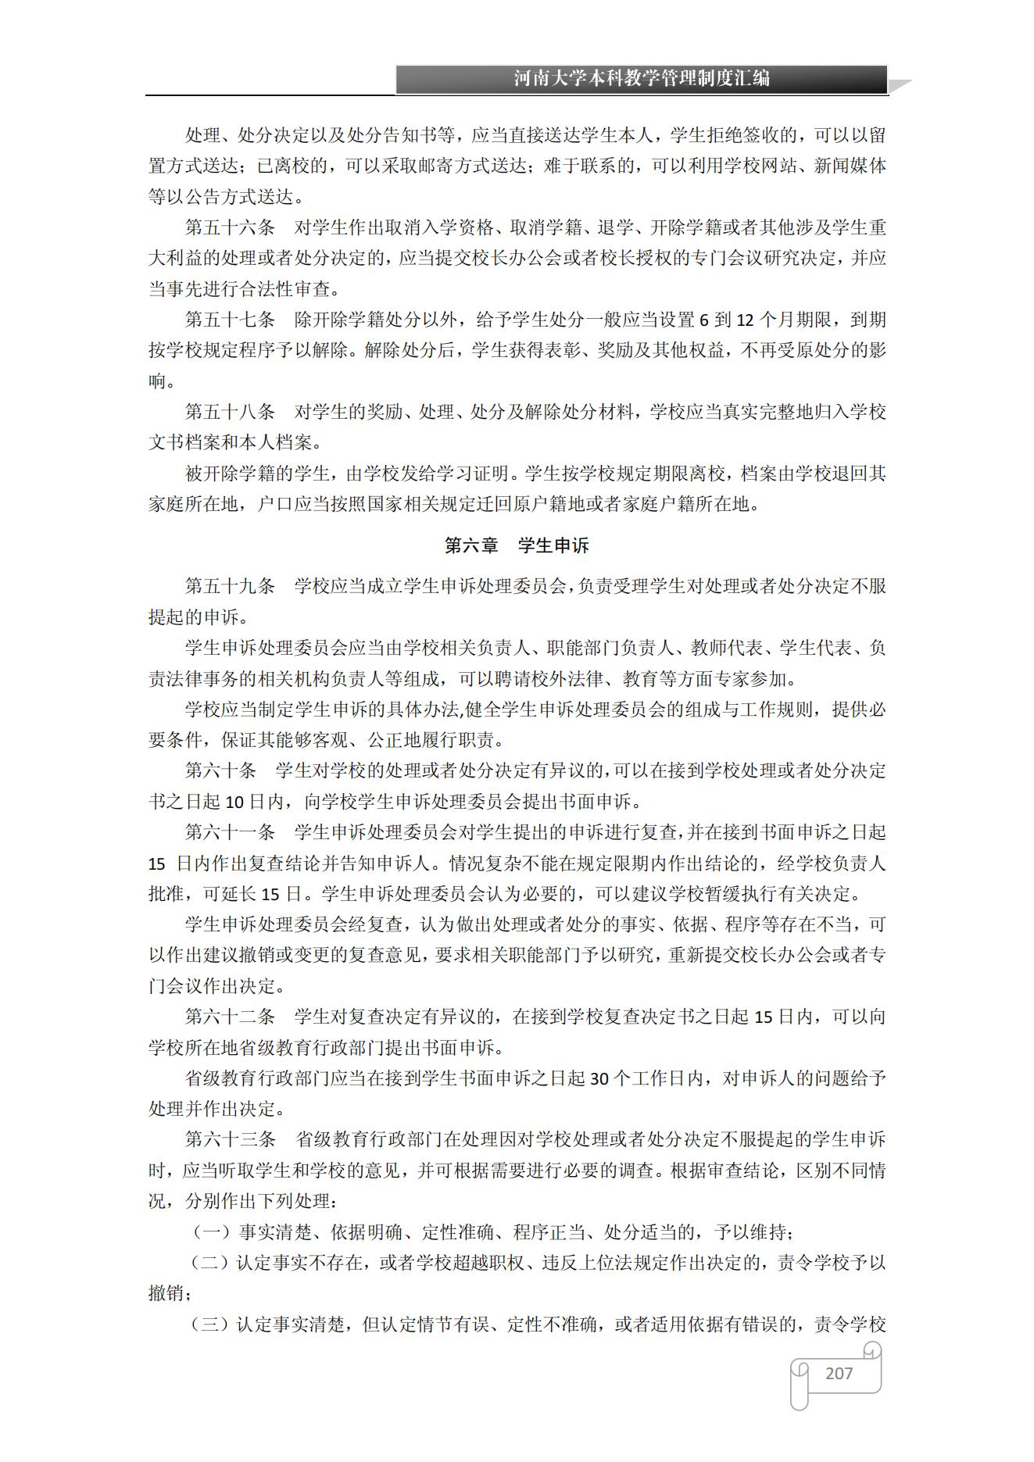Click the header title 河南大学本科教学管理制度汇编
point(642,79)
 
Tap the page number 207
point(839,1373)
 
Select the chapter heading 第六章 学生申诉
point(517,545)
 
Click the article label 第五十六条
point(230,227)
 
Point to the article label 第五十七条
point(230,320)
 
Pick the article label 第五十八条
point(230,412)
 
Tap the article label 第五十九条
point(230,586)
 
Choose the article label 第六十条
point(221,770)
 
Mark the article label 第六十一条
point(230,832)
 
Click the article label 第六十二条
point(230,1017)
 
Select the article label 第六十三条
point(230,1139)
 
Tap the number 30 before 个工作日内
point(599,1079)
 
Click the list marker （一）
point(212,1232)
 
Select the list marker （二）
point(211,1263)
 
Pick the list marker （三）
point(211,1324)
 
